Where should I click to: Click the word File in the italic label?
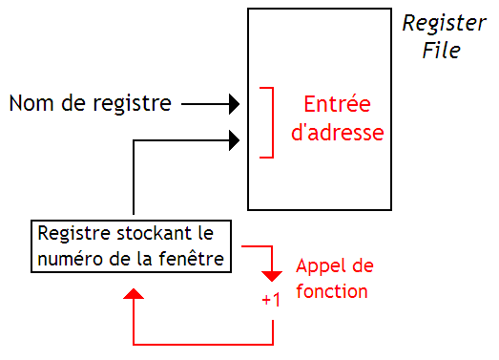(x=442, y=50)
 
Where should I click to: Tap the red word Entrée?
(x=337, y=103)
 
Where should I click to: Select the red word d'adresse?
(x=337, y=133)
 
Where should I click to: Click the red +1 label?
(x=272, y=299)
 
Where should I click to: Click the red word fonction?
(x=332, y=291)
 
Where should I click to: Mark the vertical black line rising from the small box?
(x=134, y=181)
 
